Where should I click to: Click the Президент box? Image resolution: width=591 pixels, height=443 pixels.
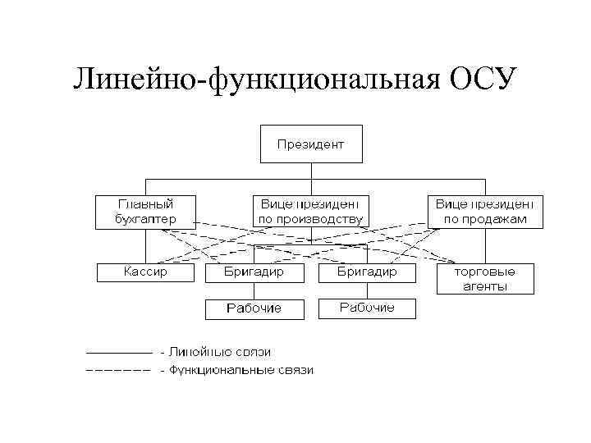coord(310,144)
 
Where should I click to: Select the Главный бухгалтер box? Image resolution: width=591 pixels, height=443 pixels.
coord(146,210)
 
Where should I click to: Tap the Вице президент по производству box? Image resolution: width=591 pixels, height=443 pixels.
coord(310,210)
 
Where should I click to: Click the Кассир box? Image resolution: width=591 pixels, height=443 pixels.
coord(144,272)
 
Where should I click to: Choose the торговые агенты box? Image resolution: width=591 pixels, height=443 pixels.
coord(484,278)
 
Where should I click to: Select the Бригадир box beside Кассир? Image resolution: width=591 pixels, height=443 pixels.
coord(254,272)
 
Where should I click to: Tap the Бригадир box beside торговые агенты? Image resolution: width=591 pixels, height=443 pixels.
coord(367,272)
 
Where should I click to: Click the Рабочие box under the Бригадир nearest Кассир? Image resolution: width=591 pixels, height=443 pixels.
coord(254,308)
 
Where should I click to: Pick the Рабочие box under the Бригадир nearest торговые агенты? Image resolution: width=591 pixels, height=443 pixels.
coord(367,308)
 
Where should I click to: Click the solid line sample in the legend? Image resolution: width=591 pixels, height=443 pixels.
coord(119,353)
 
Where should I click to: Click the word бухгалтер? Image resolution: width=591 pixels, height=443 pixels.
coord(146,219)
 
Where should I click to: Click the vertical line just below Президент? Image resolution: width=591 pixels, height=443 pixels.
coord(310,171)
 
